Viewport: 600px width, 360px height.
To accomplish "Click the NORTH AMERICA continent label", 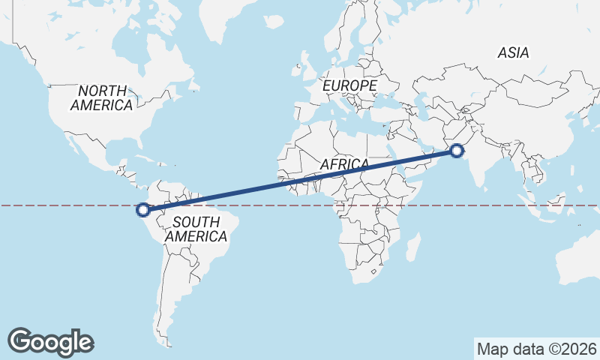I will (101, 97).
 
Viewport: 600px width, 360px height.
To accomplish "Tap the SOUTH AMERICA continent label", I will (196, 229).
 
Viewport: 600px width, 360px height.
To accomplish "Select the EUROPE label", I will (349, 86).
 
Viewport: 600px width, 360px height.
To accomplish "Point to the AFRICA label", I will (344, 164).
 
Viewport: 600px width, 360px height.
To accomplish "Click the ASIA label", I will (513, 52).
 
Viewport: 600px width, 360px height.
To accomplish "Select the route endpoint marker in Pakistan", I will (457, 151).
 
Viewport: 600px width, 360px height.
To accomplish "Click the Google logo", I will (51, 341).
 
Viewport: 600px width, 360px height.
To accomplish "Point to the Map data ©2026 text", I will (537, 349).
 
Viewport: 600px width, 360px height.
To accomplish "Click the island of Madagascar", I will (412, 247).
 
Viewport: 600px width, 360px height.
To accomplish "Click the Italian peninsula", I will (346, 111).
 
